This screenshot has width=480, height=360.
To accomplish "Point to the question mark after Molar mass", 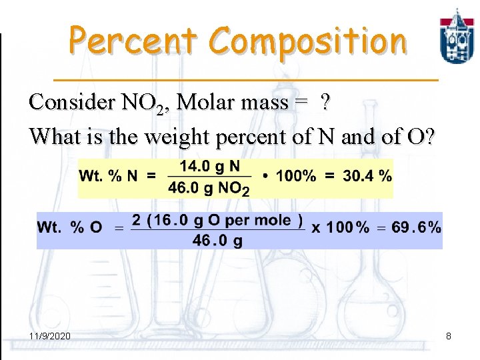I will tap(325, 102).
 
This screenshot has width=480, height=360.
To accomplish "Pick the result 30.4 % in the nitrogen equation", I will tap(367, 177).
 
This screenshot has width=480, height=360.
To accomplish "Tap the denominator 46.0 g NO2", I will tap(209, 188).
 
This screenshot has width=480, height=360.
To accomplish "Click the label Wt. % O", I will tap(70, 227).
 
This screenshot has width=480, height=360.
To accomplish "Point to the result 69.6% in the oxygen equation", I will tap(417, 227).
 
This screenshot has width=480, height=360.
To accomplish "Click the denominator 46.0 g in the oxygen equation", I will tap(217, 241).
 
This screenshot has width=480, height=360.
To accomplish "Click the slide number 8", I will tap(449, 336).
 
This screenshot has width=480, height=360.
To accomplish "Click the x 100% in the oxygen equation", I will tap(341, 227).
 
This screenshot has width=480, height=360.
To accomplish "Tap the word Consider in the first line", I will tap(71, 102).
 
